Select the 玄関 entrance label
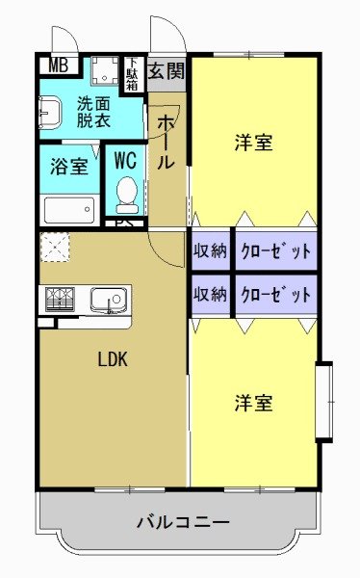166,70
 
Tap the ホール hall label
166,143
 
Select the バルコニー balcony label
182,523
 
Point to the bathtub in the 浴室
69,209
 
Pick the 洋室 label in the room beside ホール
253,143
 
